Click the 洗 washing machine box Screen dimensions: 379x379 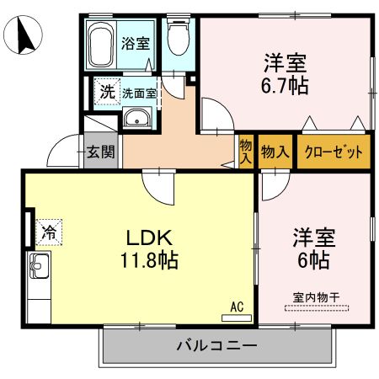click(107, 92)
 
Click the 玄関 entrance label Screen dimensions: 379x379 click(100, 152)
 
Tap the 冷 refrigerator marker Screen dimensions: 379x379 click(50, 230)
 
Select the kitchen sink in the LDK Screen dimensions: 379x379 click(39, 270)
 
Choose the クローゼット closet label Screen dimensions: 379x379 click(334, 152)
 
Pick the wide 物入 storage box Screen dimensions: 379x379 click(275, 152)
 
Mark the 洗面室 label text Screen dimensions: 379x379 click(139, 93)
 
